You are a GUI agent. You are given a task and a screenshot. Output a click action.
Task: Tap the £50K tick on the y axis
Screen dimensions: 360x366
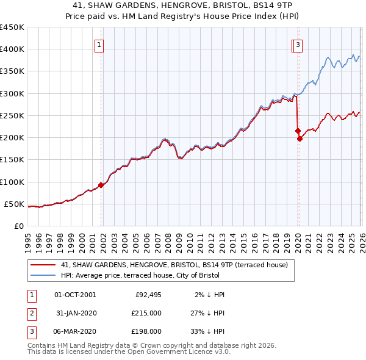(14, 204)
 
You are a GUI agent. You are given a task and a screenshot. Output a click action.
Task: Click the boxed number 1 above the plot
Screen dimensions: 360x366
(99, 44)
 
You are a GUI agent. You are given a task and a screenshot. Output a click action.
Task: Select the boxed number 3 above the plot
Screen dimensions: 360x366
(298, 44)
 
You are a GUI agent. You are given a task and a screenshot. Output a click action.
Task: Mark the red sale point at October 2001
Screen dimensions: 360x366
(101, 185)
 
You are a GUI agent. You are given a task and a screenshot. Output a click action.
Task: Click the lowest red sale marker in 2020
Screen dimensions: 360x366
(300, 139)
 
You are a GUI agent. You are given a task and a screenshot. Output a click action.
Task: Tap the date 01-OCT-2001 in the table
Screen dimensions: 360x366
(75, 295)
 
